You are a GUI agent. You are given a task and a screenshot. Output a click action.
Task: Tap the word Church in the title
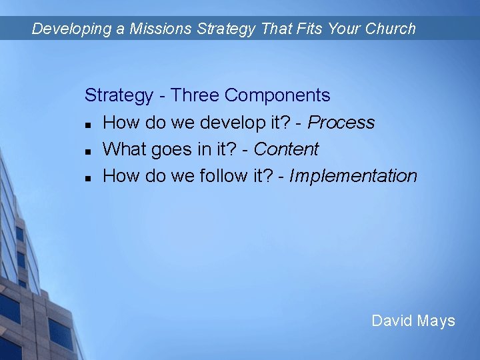coord(390,29)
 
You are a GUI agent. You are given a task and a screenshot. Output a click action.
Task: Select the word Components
coord(277,95)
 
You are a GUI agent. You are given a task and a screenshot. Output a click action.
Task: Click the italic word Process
coord(341,123)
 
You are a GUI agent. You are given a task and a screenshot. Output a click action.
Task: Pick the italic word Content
coord(286,149)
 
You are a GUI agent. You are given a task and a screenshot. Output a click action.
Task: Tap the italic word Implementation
coord(353,176)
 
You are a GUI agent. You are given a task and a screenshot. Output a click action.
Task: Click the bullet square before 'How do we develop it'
coord(88,124)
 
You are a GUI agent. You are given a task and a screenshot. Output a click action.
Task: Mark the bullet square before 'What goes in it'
coord(88,151)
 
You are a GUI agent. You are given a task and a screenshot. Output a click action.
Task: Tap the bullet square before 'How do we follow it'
coord(88,177)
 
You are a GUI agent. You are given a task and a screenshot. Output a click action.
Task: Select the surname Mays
coord(436,321)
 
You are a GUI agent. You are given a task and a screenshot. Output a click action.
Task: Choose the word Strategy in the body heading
coord(119,95)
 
